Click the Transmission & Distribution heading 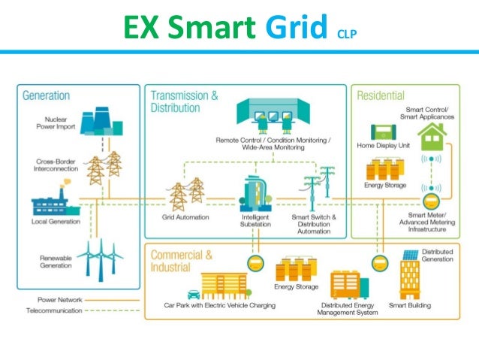click(185, 101)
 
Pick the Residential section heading click(381, 96)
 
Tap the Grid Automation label click(185, 217)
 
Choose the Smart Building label click(409, 306)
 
